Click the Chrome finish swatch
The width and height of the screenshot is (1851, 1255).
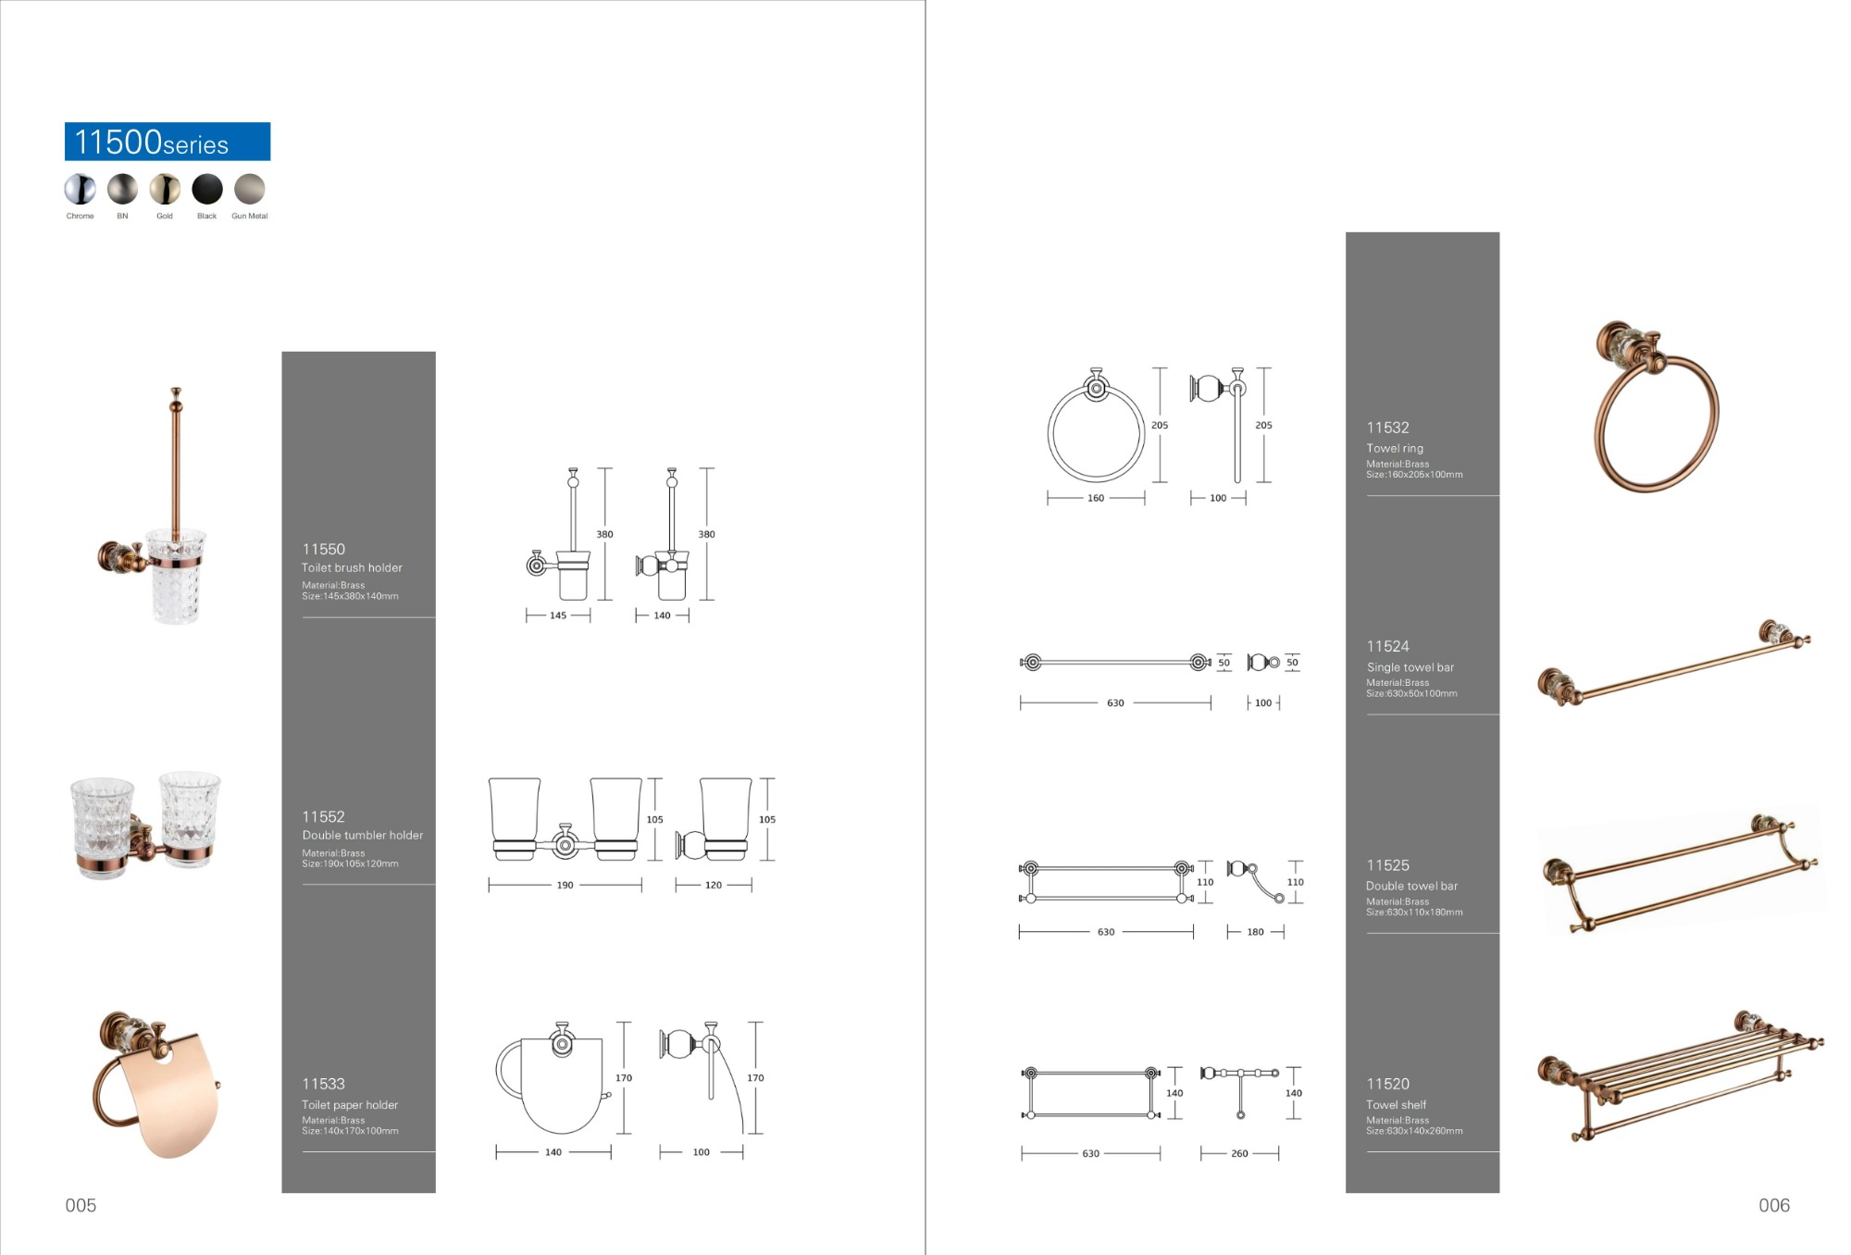tap(80, 190)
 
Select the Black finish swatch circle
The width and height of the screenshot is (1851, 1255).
tap(207, 190)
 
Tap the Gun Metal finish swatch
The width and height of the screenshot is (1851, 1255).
tap(250, 190)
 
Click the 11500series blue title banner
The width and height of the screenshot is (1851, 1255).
tap(168, 142)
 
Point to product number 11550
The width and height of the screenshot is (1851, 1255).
tap(323, 549)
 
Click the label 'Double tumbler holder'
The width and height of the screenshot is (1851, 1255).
tap(362, 835)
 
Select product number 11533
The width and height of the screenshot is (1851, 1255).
tap(323, 1084)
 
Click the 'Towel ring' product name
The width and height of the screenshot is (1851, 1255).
tap(1395, 448)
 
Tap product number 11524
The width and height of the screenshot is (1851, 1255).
tap(1387, 646)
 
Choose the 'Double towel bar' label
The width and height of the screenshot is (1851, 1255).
tap(1411, 886)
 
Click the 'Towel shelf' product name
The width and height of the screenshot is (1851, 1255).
tap(1396, 1104)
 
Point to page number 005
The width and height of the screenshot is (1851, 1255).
tap(81, 1205)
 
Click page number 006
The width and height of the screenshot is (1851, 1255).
tap(1774, 1205)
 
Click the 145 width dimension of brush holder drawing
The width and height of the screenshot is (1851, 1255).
tap(558, 615)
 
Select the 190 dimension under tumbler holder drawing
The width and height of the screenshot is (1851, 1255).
tap(565, 886)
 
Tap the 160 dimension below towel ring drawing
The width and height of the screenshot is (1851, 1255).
tap(1096, 498)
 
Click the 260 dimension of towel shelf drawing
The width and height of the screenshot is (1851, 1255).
tap(1239, 1153)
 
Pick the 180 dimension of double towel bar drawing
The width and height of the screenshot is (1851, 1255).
tap(1255, 932)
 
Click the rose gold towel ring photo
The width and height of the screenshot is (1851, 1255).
tap(1655, 407)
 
